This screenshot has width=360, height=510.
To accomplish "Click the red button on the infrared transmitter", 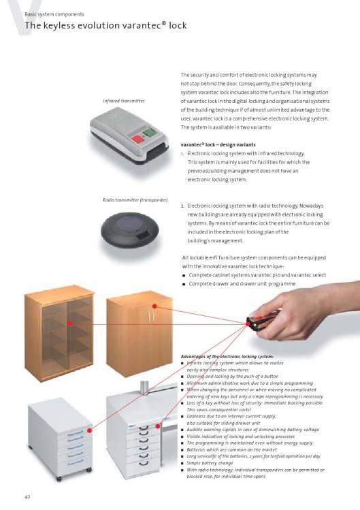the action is coord(137,139).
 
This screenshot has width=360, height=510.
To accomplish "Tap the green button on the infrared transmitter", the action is coord(149,133).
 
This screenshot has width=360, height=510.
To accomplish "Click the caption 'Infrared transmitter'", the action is coord(124,101).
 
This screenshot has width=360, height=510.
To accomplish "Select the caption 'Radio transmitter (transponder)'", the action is coord(135,200).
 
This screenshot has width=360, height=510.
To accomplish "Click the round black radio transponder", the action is coord(130,229).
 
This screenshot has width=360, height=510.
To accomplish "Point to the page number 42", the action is coord(28,496).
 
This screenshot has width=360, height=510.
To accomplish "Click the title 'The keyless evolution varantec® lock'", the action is coord(105,25).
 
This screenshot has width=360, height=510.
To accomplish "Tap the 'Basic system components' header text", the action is coord(54,14).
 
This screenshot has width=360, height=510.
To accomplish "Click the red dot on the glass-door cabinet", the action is coord(69,323).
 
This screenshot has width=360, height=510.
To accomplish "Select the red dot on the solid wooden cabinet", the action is coord(154,306).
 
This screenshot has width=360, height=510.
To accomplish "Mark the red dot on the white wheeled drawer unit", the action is coord(89,430).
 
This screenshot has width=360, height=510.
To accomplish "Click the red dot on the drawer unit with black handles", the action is coord(158,426).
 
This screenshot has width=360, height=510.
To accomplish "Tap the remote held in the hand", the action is coord(262,321).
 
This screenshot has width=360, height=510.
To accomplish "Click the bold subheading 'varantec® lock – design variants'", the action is coord(218,145).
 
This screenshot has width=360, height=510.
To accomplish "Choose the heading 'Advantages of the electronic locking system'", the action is coord(227,357).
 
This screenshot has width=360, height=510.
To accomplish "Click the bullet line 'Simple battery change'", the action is coord(210,463).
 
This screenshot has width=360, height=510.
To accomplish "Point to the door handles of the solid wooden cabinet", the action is coord(151,317).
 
